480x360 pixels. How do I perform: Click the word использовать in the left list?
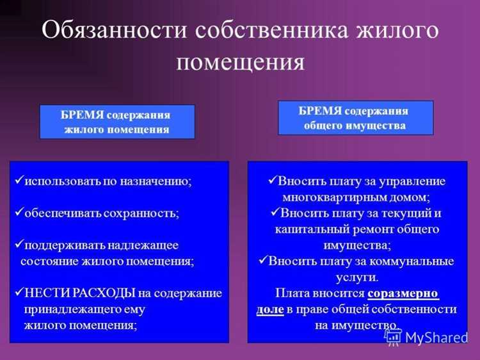[60, 181]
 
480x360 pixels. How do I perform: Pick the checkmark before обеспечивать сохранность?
[19, 212]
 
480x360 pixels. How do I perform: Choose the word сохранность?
[144, 213]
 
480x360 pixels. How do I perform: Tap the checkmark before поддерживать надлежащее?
[19, 245]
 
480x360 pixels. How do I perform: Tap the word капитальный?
[312, 229]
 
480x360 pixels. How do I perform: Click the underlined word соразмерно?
[403, 293]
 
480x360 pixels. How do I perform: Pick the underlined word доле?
[269, 309]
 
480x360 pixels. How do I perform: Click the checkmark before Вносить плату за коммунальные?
[263, 261]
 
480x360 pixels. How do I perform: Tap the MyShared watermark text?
[436, 338]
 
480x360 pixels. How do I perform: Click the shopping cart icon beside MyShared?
[393, 338]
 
